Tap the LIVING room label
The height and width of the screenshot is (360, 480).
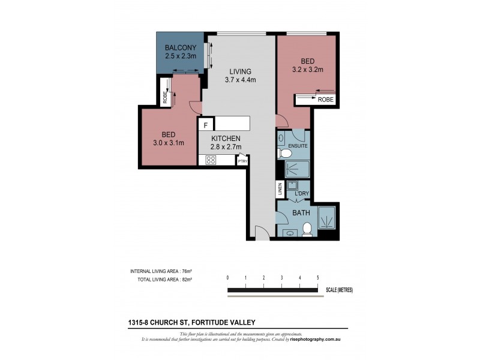[239, 71]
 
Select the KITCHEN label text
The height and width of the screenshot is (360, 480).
[225, 138]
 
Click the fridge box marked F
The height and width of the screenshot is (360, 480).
[206, 125]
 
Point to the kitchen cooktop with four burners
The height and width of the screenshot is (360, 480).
[211, 160]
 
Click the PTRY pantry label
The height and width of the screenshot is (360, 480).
[242, 161]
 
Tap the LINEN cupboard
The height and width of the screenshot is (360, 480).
[280, 190]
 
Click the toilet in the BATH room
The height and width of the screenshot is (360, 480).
[307, 229]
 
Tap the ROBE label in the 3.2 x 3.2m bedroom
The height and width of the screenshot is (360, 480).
[326, 100]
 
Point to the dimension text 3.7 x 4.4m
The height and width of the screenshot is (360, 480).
[240, 80]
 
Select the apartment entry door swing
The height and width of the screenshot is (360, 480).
[259, 233]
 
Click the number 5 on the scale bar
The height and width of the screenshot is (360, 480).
[317, 278]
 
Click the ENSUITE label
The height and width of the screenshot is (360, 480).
[298, 146]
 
